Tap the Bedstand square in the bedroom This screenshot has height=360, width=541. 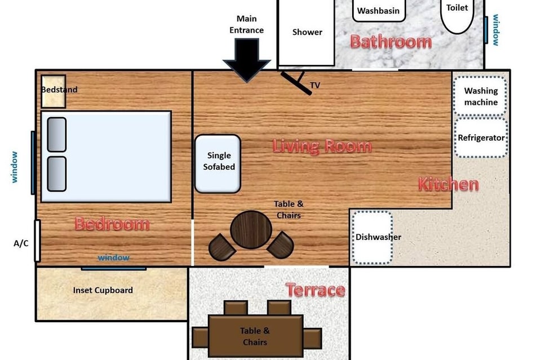click(54, 91)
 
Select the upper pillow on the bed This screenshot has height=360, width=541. click(56, 135)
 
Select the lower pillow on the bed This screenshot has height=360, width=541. click(56, 174)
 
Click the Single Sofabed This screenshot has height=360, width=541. click(218, 163)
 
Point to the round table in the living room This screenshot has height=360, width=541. click(251, 230)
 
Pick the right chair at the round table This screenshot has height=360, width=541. click(281, 245)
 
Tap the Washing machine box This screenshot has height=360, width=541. click(480, 96)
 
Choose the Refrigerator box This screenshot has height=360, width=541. click(481, 138)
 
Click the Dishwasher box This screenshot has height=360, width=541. click(373, 238)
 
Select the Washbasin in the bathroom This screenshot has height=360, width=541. click(379, 11)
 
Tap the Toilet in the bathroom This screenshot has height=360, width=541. click(457, 16)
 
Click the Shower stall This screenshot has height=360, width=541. click(307, 33)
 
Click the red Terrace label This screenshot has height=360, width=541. click(316, 290)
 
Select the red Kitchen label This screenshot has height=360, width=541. click(448, 184)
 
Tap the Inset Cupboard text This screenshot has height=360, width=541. click(103, 290)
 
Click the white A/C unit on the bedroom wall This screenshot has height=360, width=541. click(37, 241)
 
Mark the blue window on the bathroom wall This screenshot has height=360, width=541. click(486, 30)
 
